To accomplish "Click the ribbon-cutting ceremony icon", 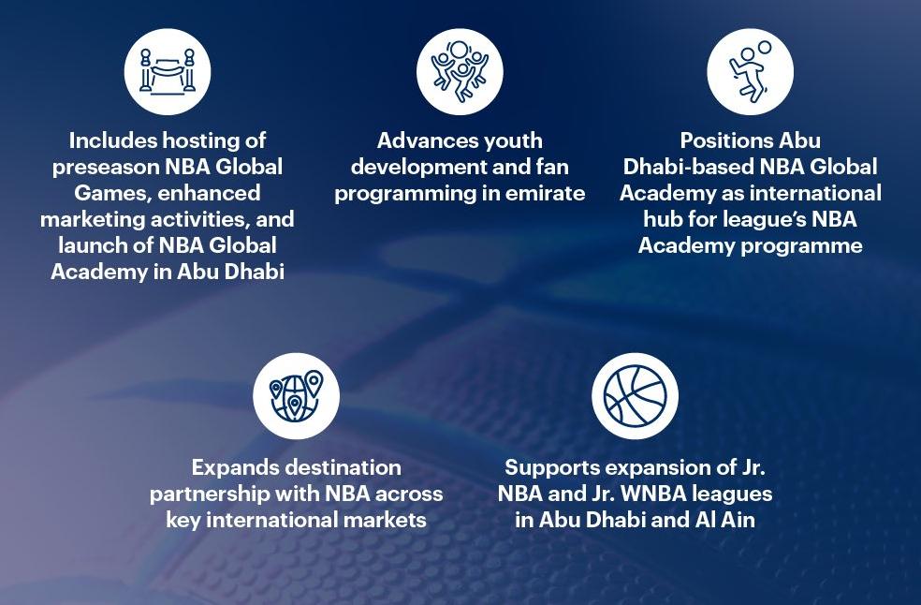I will point(168,72).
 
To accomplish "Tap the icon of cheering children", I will point(460,72).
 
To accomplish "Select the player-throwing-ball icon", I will point(750,72).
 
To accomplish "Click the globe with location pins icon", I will point(296,396).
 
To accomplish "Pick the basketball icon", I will point(635,396).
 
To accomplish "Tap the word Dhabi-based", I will point(691,167).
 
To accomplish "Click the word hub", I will point(664,219).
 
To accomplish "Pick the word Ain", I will point(736,519).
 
